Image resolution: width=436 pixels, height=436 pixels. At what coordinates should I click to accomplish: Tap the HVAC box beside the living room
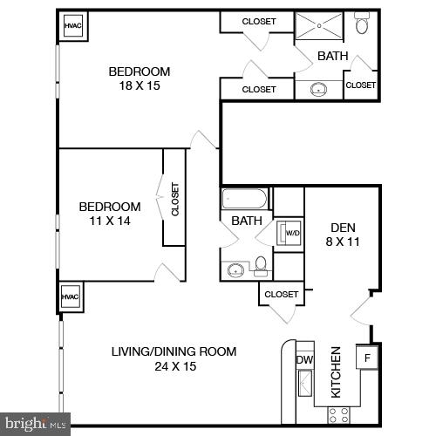tap(70, 297)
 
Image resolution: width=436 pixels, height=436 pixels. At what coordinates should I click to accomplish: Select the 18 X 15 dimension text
tap(140, 86)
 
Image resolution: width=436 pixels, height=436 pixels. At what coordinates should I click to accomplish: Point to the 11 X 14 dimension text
tap(109, 222)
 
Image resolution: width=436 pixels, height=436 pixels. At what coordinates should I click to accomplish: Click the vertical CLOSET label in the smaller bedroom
tap(174, 199)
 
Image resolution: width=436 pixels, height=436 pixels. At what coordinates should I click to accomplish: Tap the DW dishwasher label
tap(304, 358)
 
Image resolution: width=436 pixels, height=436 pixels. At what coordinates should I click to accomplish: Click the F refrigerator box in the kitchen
tap(366, 358)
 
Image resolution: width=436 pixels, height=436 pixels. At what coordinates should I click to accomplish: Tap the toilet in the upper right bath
tap(362, 24)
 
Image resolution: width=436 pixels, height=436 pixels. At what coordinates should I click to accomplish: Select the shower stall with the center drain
tap(319, 26)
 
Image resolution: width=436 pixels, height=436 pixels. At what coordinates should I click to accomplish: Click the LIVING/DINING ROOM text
tap(174, 351)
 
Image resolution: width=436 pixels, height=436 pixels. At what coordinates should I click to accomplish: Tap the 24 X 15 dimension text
tap(174, 366)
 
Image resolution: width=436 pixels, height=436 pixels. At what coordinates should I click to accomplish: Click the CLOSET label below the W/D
tap(281, 295)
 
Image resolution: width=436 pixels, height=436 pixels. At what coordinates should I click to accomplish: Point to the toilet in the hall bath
tap(261, 266)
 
